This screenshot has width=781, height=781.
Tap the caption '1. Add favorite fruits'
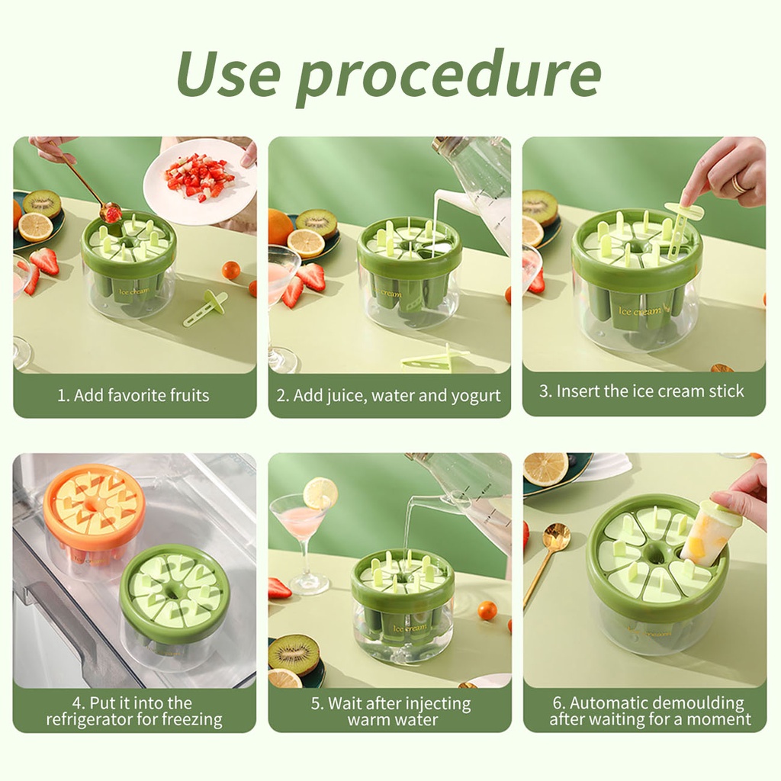point(133,395)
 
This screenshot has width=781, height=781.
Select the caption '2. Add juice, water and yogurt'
point(388,396)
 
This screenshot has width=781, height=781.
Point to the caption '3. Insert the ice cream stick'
point(641,391)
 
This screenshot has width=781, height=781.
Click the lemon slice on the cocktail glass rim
point(321,493)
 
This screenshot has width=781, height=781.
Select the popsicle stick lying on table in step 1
point(205,309)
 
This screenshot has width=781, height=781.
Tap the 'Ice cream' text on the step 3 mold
point(640,311)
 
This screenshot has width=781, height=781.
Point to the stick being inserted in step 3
point(683,227)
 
